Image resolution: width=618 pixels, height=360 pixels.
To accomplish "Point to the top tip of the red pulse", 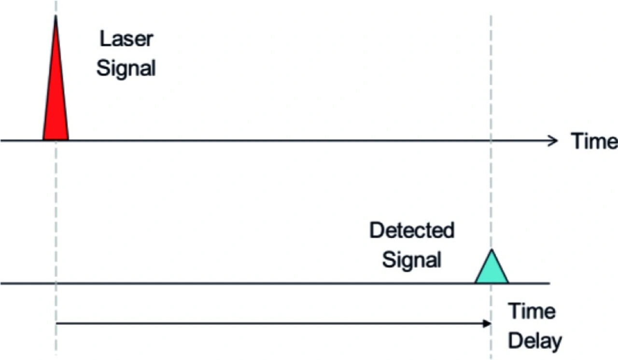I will click(x=56, y=16).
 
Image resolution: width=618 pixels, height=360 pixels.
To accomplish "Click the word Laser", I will click(x=126, y=39).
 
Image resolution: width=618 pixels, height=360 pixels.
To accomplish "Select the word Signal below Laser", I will click(x=126, y=68).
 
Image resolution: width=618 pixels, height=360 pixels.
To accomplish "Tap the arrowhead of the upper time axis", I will click(x=553, y=141).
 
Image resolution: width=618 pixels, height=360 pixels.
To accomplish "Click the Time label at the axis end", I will click(x=594, y=141).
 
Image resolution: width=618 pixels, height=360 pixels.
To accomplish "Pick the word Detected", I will click(x=412, y=231).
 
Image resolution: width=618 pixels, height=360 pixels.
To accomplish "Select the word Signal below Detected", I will click(x=412, y=260).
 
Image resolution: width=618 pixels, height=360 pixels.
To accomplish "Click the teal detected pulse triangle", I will click(x=492, y=270).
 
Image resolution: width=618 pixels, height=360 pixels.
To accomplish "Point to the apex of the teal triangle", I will click(x=492, y=250).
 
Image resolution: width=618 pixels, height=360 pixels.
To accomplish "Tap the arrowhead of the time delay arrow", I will click(x=487, y=323).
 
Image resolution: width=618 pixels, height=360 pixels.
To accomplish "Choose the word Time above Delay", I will click(x=532, y=312).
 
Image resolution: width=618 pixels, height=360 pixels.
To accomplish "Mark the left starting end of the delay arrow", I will click(x=57, y=323).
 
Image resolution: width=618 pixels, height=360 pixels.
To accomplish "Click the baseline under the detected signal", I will click(x=241, y=283).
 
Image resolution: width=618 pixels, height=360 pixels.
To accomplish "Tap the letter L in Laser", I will click(x=104, y=39).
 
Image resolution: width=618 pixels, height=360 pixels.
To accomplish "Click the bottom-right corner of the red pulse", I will click(x=68, y=140).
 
